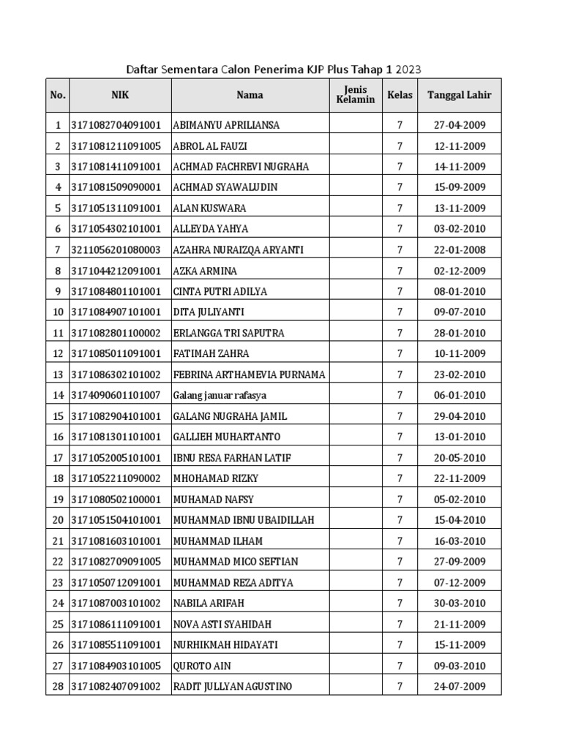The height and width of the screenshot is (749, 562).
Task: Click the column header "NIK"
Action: coord(120,95)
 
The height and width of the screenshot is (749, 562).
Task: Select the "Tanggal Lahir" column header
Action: coord(459,95)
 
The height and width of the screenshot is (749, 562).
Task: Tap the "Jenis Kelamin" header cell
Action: coord(355,95)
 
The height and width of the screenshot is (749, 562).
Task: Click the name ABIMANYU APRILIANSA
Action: coord(226,125)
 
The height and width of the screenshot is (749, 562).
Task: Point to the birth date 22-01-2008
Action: coord(459,250)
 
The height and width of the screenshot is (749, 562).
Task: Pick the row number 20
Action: coord(57,521)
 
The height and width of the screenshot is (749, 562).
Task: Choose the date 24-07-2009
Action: coord(459,687)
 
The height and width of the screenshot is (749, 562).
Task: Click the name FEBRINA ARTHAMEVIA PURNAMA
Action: coord(249,375)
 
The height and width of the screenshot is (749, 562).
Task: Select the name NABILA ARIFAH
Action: coord(209,603)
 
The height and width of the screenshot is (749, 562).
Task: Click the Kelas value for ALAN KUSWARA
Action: coord(400,208)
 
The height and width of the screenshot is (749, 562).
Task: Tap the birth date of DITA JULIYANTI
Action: coord(459,312)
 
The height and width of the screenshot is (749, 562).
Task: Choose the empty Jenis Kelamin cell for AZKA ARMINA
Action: coord(355,271)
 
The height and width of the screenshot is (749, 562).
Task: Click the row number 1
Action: coord(57,125)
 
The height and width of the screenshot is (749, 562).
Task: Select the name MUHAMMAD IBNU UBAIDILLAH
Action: coord(244,521)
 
